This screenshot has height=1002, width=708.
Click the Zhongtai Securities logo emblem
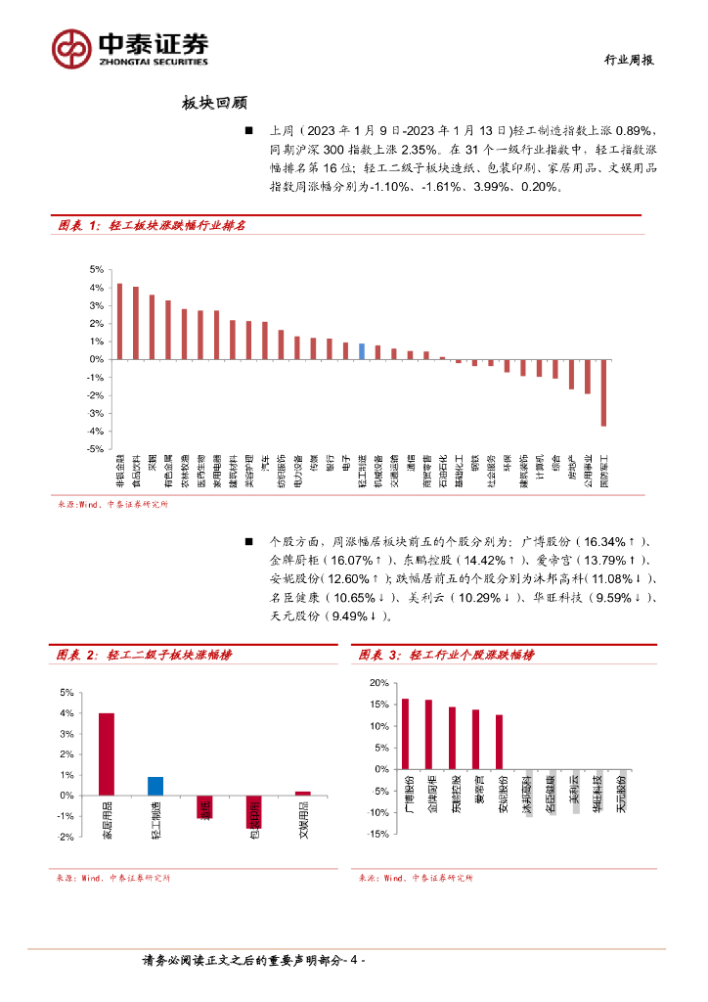71,46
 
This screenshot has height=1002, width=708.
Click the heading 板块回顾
214,103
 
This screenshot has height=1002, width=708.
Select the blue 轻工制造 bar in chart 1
362,351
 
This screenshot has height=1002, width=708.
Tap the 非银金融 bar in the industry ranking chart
119,321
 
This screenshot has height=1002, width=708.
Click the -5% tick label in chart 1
97,449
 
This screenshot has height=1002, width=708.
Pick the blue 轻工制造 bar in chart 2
155,786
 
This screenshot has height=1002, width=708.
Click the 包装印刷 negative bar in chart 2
253,811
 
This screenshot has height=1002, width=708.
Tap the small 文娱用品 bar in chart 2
302,793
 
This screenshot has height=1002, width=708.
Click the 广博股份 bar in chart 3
406,734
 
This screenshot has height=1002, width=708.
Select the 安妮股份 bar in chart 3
499,742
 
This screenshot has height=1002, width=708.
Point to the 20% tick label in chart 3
378,682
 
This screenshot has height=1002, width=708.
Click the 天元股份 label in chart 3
622,794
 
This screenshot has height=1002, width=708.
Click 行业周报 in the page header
626,60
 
